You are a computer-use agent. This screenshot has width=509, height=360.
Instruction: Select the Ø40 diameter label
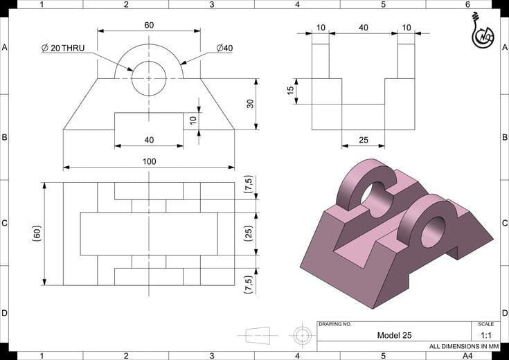(224, 48)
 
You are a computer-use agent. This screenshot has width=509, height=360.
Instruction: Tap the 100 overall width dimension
(149, 161)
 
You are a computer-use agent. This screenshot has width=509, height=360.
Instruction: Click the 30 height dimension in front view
(251, 104)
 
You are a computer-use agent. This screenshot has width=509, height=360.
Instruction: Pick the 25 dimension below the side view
(363, 140)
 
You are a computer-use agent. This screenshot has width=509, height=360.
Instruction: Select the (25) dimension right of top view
(249, 233)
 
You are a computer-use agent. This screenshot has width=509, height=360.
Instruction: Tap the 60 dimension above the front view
(149, 25)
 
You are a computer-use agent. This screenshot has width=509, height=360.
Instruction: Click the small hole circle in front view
(149, 78)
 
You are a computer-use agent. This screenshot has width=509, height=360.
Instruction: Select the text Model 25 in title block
(394, 335)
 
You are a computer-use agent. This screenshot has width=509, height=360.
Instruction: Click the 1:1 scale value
(485, 335)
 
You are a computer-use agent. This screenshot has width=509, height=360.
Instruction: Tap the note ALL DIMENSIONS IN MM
(463, 346)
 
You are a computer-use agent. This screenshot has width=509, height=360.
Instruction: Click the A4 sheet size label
(467, 355)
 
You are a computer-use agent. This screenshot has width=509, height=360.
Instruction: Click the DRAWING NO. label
(335, 324)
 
